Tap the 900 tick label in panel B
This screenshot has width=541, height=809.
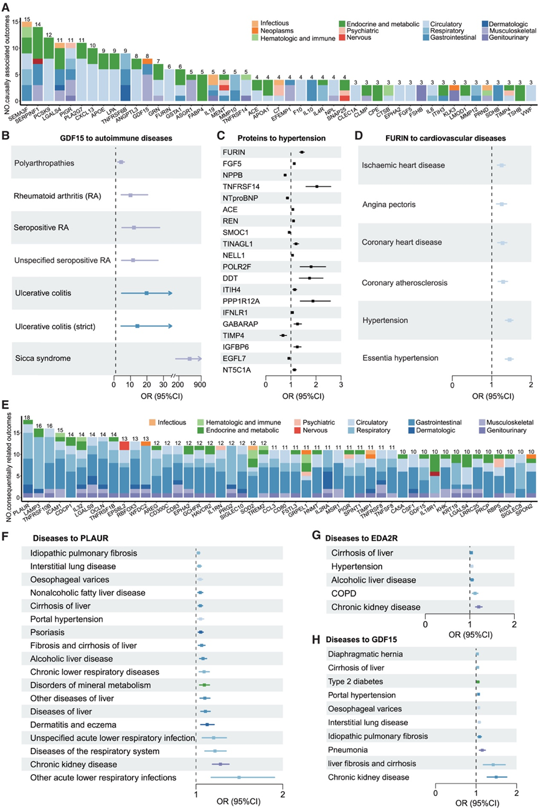[x=200, y=384]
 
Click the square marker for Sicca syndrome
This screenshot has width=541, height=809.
[x=189, y=358]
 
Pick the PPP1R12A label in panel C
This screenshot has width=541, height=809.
[x=238, y=301]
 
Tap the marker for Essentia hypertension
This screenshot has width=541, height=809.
[x=509, y=359]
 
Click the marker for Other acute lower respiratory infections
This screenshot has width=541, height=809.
[x=238, y=777]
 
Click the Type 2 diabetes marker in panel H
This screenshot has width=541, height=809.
[x=477, y=681]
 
